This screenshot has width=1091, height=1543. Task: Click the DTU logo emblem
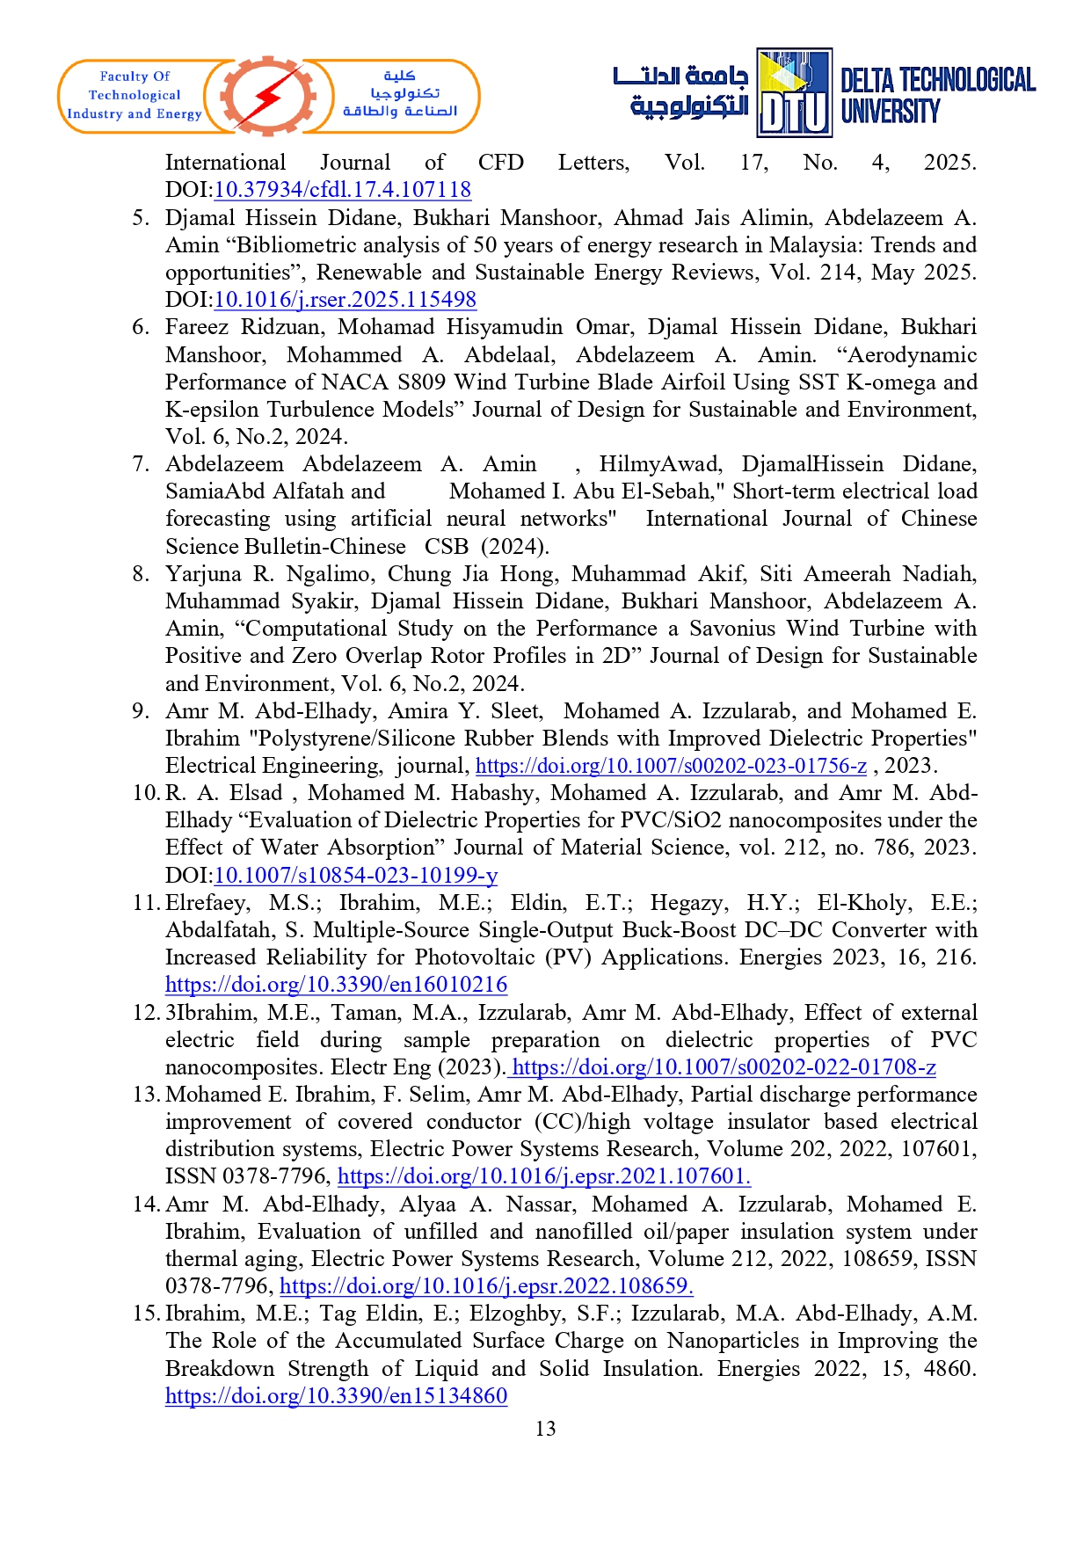795,93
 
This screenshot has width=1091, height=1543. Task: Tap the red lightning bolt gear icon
269,96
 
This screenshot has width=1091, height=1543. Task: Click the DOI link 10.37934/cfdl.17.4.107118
343,190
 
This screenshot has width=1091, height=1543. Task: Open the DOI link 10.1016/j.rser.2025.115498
345,300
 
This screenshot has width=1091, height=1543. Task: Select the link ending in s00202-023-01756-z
671,766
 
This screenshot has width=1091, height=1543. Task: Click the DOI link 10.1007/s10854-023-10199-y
356,876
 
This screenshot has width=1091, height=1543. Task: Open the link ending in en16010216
336,985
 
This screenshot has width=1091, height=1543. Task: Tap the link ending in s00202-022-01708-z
724,1067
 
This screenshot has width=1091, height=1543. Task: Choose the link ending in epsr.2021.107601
544,1176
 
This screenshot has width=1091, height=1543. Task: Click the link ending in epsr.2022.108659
486,1286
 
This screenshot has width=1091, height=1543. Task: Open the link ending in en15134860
336,1396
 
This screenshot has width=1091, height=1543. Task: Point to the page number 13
545,1429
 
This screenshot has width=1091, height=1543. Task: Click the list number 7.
141,464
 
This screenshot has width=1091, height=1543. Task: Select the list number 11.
145,903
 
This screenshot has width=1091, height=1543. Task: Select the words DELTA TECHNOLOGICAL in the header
938,81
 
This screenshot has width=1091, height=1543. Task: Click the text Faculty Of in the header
135,76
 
